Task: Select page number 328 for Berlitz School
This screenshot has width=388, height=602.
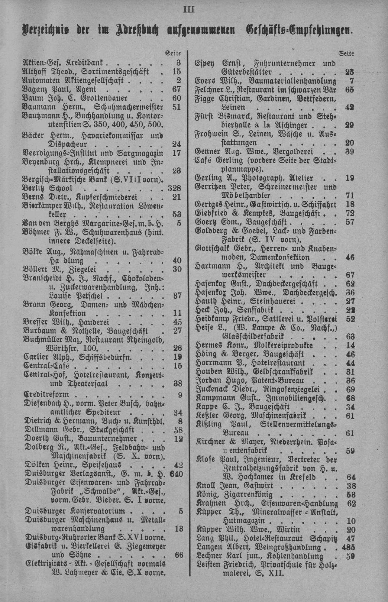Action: coord(174,188)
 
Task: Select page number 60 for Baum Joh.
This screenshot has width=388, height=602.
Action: coord(177,98)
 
